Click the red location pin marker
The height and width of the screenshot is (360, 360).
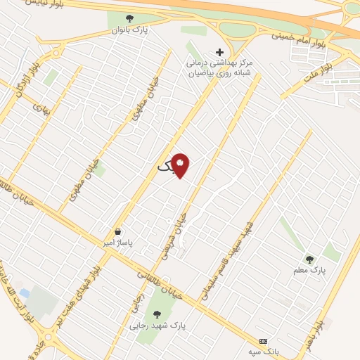coord(181,166)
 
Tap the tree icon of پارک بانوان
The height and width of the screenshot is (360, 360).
coord(128,19)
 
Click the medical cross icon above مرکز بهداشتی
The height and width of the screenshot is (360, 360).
coord(219,51)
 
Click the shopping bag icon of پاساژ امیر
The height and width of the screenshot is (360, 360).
coord(117,231)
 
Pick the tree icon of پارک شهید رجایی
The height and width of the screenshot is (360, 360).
coord(156,314)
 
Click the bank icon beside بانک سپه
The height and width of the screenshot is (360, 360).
coord(263,339)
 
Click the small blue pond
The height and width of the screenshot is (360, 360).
coord(25,292)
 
